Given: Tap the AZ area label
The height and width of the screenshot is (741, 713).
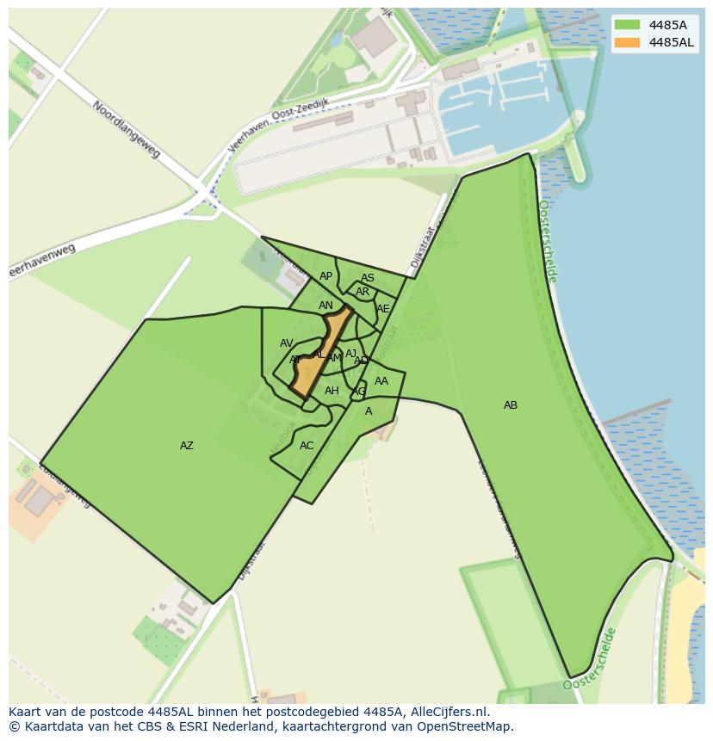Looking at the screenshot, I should click(187, 446).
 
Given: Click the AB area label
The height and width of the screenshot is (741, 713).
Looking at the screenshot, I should click(511, 405).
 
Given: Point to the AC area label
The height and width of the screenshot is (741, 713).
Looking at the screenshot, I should click(307, 446).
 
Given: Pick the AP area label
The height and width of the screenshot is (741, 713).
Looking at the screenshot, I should click(325, 276).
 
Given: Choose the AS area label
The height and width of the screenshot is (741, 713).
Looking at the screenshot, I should click(368, 278).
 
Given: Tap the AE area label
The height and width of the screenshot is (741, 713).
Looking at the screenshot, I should click(383, 309).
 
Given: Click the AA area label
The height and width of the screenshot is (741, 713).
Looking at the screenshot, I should click(381, 381).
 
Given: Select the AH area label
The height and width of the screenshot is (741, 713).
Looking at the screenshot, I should click(332, 391).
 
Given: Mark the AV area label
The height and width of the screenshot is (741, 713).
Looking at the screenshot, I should click(287, 343).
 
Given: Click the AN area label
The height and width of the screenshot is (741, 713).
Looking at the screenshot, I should click(325, 306).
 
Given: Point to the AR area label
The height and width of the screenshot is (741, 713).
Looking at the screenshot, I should click(363, 292).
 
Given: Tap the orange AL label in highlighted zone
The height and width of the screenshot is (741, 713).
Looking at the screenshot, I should click(319, 355).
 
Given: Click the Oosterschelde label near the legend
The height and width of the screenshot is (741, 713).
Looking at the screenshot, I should click(548, 241).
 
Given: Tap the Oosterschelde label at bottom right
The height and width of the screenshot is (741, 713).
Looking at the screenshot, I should click(591, 659).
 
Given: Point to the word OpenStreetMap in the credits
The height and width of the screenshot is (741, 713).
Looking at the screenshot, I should click(462, 726).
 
